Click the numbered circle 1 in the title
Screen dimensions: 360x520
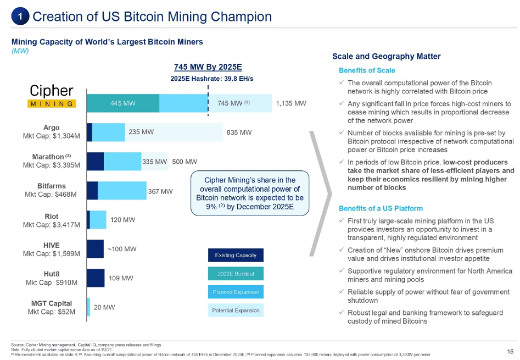(20, 17)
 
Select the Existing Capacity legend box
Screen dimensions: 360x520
(236, 255)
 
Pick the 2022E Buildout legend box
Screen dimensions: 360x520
(236, 273)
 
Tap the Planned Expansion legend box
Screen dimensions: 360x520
(236, 292)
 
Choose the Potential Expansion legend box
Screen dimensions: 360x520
(236, 311)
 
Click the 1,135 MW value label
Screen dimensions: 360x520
(290, 103)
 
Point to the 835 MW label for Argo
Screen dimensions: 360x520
(239, 132)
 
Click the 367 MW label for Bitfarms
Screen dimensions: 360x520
(160, 191)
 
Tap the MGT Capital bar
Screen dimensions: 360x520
(88, 307)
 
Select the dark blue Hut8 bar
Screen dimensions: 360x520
(96, 278)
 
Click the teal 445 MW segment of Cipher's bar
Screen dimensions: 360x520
(123, 103)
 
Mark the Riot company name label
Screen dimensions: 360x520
(51, 216)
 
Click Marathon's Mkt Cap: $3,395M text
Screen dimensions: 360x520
(51, 165)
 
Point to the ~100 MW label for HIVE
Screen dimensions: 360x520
(121, 249)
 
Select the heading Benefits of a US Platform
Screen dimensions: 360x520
(381, 208)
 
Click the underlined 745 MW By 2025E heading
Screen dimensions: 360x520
(208, 67)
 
